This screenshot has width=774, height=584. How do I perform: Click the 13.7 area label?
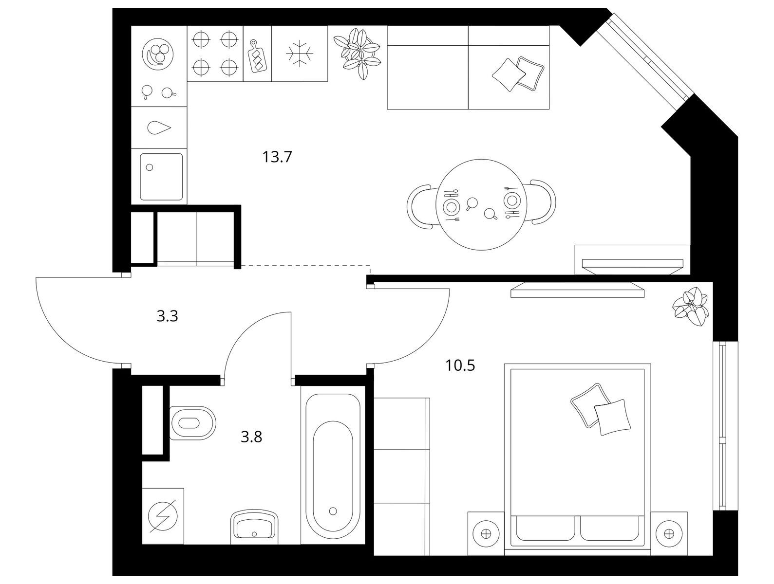click(277, 157)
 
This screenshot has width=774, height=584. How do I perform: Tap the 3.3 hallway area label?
click(167, 316)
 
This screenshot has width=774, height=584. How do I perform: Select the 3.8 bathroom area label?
click(251, 437)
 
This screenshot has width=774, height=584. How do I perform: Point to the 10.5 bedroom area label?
click(460, 365)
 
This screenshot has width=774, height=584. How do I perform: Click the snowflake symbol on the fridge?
click(300, 54)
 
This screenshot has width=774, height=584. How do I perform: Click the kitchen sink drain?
click(150, 167)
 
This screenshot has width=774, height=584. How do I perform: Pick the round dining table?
click(481, 205)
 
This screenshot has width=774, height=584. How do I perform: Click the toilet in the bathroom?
click(192, 423)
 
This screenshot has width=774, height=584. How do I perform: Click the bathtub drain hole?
click(333, 511)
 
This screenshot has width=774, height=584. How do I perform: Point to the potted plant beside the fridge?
click(357, 54)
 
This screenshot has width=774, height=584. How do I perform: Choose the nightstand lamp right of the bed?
click(669, 534)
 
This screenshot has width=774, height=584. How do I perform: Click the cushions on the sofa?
click(518, 74)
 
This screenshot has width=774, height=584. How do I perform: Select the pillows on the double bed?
click(601, 410)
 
